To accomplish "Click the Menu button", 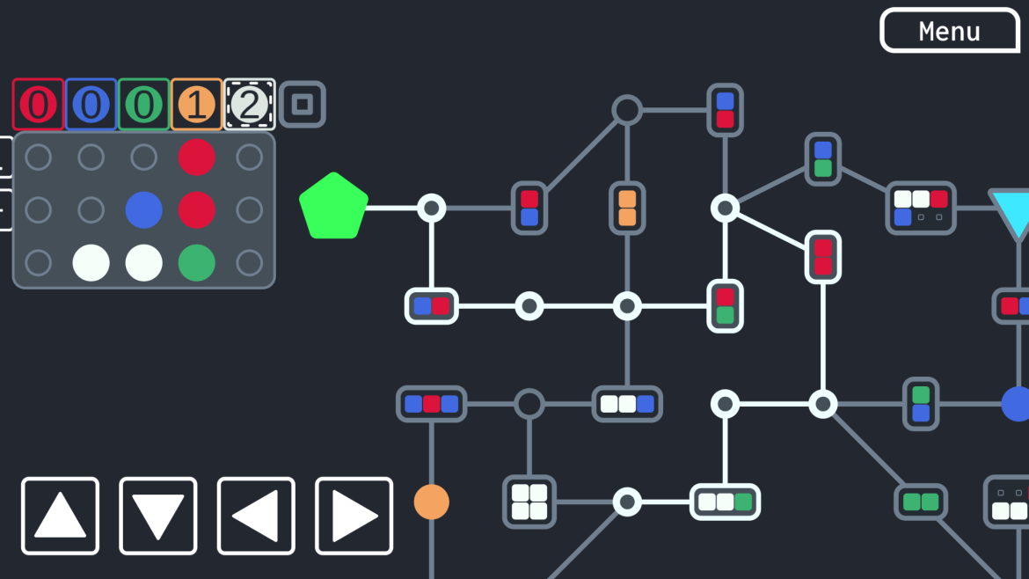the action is click(x=950, y=30).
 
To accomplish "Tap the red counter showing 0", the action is click(x=38, y=105).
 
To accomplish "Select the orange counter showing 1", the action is click(x=196, y=105).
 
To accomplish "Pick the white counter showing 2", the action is click(x=250, y=105).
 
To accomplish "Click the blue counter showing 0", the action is click(x=91, y=105).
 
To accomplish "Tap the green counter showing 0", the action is click(x=143, y=105).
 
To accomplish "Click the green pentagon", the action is click(x=333, y=206).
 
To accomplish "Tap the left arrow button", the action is click(x=256, y=516).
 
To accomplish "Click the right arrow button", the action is click(x=354, y=516).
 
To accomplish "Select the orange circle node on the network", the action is click(x=431, y=502).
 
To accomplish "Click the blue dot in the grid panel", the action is click(x=143, y=210).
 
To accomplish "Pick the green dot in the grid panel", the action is click(x=196, y=262).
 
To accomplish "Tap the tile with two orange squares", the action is click(x=627, y=208).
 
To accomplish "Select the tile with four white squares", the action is click(x=529, y=502).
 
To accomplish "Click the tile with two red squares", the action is click(x=823, y=257).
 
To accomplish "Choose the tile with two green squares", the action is click(x=921, y=502).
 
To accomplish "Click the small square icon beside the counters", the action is click(x=303, y=105).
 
